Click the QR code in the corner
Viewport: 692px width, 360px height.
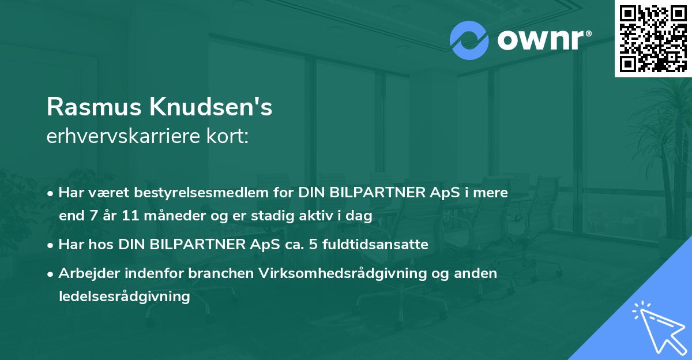[x=653, y=38]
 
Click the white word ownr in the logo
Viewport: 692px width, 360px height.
[x=543, y=40]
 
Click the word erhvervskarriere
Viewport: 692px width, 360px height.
[x=121, y=137]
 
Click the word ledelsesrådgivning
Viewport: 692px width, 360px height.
[x=124, y=297]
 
